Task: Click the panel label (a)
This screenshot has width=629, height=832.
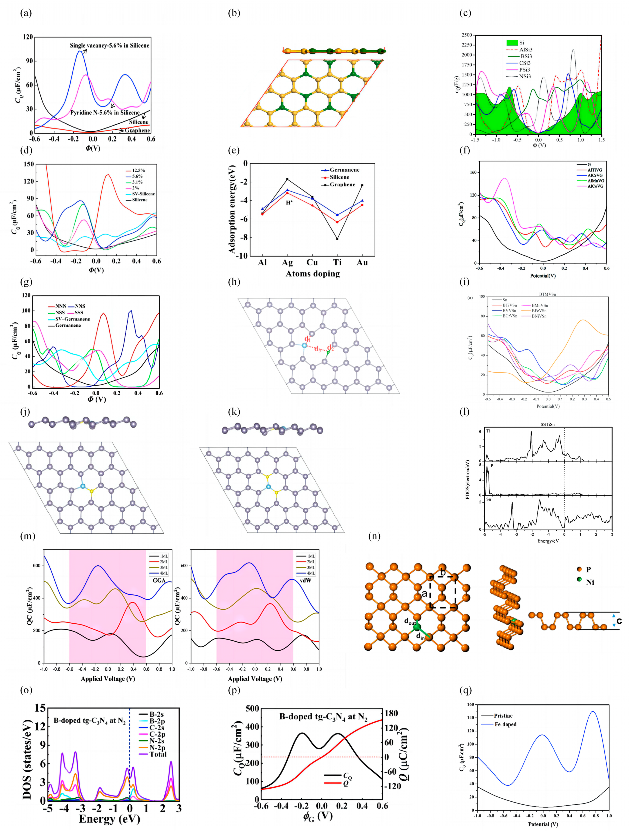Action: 26,13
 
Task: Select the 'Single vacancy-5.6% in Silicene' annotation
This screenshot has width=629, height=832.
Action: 109,46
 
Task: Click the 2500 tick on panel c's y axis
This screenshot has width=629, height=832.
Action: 466,35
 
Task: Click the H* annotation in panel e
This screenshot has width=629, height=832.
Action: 289,203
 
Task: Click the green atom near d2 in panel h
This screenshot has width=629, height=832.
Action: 328,352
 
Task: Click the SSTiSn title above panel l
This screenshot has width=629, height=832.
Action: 547,424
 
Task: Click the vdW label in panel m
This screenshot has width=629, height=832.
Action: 305,580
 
